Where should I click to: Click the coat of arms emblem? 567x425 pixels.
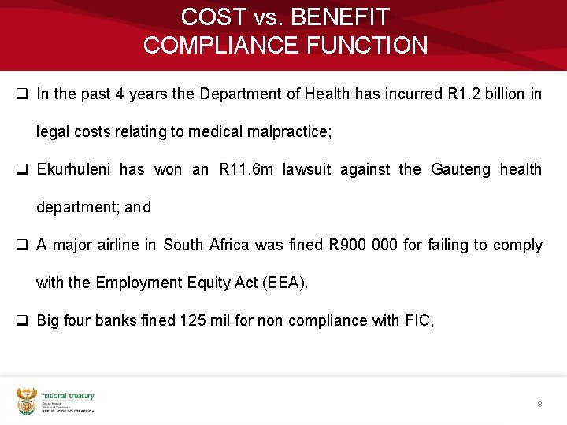pyautogui.click(x=26, y=401)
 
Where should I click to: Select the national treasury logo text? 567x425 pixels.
pyautogui.click(x=68, y=396)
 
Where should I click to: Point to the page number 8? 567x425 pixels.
pyautogui.click(x=539, y=404)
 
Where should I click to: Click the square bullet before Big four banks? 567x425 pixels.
pyautogui.click(x=23, y=320)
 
